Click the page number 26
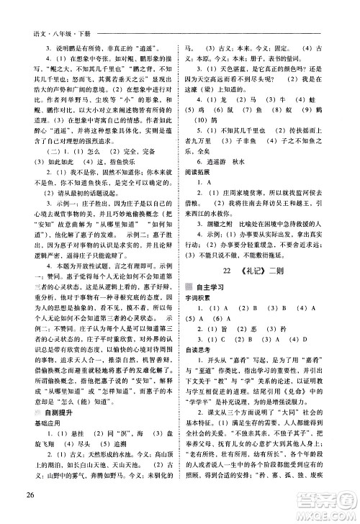click(29, 512)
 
